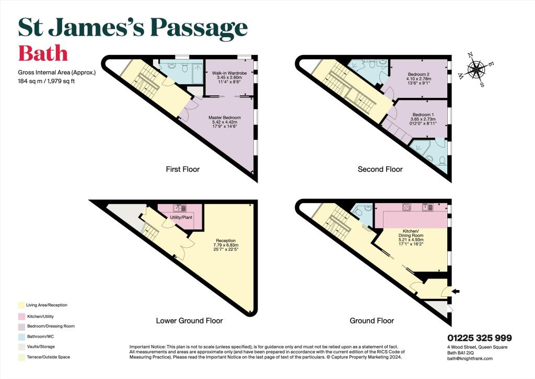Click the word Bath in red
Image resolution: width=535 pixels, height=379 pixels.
43,53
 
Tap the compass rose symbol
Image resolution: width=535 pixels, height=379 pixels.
475,70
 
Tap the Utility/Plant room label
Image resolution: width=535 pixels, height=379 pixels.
181,217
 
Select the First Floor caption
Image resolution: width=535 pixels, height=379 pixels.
182,169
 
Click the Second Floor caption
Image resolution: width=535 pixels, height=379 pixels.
380,169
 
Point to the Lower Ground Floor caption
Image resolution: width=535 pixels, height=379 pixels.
189,321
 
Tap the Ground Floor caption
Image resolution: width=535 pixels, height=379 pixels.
372,321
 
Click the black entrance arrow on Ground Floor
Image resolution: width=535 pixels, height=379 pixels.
456,291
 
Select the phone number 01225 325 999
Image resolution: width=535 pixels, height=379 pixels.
480,338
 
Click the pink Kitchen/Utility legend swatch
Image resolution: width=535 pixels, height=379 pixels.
21,317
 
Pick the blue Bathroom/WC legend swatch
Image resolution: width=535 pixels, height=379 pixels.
21,337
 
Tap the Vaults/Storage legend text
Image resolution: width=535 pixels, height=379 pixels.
41,347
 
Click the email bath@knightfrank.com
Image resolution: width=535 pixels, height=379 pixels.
470,359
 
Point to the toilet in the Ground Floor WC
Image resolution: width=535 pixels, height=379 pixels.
357,212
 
